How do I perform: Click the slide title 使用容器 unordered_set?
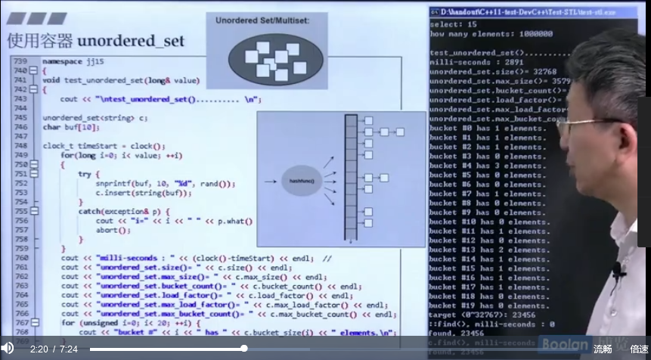95,41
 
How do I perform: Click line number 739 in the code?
20,61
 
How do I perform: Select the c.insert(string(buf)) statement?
143,193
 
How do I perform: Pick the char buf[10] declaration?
70,127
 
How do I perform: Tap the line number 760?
20,258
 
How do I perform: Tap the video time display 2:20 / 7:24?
54,349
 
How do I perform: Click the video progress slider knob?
243,349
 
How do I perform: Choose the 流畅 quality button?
603,349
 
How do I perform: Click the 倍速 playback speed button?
639,349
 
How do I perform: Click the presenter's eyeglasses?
586,123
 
